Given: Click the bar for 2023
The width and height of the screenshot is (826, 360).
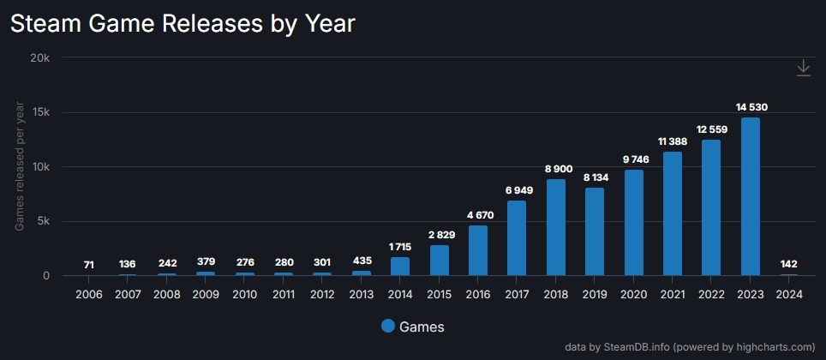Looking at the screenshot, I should click(750, 196).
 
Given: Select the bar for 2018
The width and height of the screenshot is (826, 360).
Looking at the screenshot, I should click(555, 227).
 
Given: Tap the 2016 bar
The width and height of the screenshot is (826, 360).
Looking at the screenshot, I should click(477, 250).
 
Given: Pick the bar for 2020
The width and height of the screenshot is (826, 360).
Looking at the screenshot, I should click(633, 222).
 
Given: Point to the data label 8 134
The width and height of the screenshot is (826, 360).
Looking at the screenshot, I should click(595, 177).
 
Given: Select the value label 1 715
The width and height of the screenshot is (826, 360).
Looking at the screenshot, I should click(400, 247).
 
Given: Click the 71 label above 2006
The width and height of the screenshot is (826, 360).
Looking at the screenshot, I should click(89, 265).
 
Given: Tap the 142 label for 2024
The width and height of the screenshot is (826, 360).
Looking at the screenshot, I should click(789, 265).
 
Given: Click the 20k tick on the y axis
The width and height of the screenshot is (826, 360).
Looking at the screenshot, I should click(40, 57).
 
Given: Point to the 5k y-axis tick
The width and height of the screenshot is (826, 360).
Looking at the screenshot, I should click(44, 221).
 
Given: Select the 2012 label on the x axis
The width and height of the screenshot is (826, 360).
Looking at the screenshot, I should click(322, 294).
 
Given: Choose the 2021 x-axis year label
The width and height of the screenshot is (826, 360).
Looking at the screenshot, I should click(673, 294).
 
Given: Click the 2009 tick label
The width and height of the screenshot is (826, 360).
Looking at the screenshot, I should click(206, 294).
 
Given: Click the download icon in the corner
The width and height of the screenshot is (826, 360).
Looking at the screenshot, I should click(803, 69).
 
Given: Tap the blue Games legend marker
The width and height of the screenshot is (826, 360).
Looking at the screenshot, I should click(388, 326).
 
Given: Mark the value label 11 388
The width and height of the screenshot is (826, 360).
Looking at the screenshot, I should click(673, 141).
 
